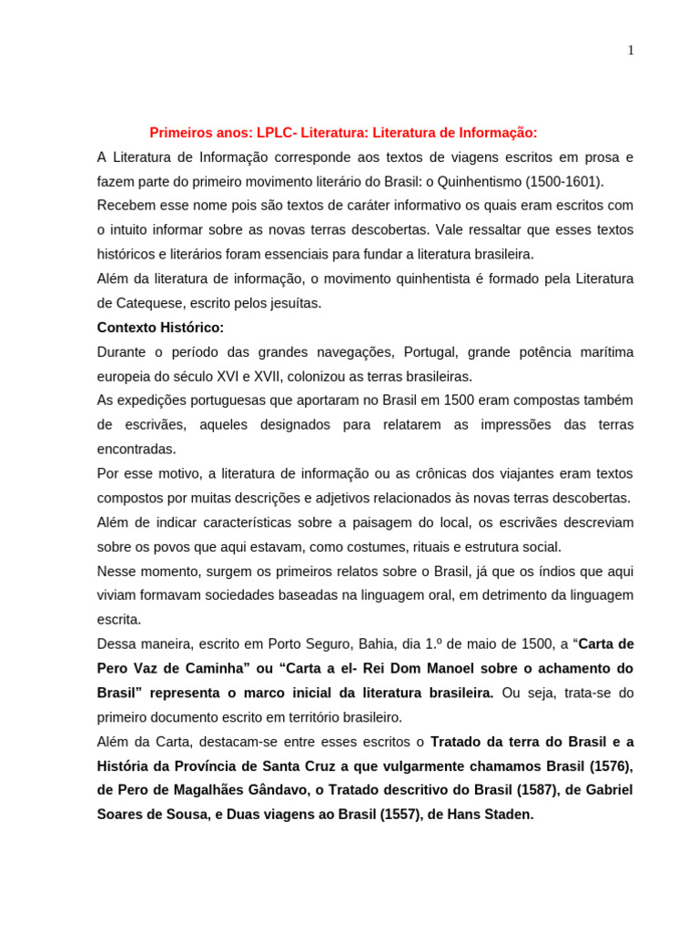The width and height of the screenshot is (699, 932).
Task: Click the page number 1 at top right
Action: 630,50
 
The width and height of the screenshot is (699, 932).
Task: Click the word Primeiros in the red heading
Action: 180,133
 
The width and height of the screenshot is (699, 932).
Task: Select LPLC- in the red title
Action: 277,133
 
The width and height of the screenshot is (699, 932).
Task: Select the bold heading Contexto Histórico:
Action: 160,328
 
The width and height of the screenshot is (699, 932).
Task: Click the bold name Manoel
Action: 444,668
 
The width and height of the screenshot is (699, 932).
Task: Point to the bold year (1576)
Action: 604,765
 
